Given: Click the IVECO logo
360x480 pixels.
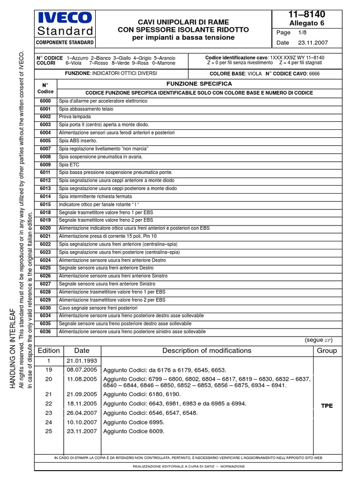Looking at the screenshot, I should pos(65,18).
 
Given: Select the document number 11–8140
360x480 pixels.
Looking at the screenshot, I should pos(307,14).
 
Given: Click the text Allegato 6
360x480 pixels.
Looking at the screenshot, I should pos(307,23).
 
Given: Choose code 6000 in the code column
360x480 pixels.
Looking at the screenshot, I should pos(45,101).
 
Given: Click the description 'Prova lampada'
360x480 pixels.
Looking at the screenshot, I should pos(75,117).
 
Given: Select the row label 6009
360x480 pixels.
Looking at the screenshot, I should pos(45,165).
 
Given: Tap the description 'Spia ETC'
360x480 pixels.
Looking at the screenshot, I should pos(68,165).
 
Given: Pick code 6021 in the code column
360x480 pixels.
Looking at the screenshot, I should pos(45,236).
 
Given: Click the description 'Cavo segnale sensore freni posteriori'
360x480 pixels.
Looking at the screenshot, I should pos(98,308).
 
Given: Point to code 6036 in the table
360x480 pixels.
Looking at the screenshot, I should pos(45,332).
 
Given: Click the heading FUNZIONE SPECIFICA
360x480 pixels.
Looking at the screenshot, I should pos(199,83).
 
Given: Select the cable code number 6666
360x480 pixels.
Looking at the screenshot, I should pos(315,74).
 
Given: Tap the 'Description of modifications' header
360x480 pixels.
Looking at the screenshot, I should pos(207,351).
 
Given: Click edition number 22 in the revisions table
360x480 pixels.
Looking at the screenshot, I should pos(49,404).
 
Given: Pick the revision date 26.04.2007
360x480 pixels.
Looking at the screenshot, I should pos(82,413).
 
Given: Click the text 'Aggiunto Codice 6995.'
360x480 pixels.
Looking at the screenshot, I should pos(134,422).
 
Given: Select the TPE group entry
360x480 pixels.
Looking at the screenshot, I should pos(327,406).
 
